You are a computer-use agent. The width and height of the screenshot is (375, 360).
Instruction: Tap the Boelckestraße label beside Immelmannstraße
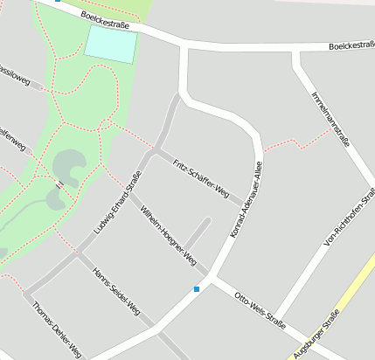pos(351,45)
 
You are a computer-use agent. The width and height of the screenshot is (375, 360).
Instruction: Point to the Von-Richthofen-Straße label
pos(349,219)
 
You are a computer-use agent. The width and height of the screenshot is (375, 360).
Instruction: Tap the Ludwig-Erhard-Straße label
pos(117,204)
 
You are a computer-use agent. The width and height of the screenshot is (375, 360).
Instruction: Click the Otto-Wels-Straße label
pos(260,310)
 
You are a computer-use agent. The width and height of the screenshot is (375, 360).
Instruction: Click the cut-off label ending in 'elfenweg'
pos(12,136)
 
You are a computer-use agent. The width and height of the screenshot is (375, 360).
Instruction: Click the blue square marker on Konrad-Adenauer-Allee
pos(197,288)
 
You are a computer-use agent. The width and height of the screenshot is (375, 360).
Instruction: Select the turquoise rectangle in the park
pos(112,44)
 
